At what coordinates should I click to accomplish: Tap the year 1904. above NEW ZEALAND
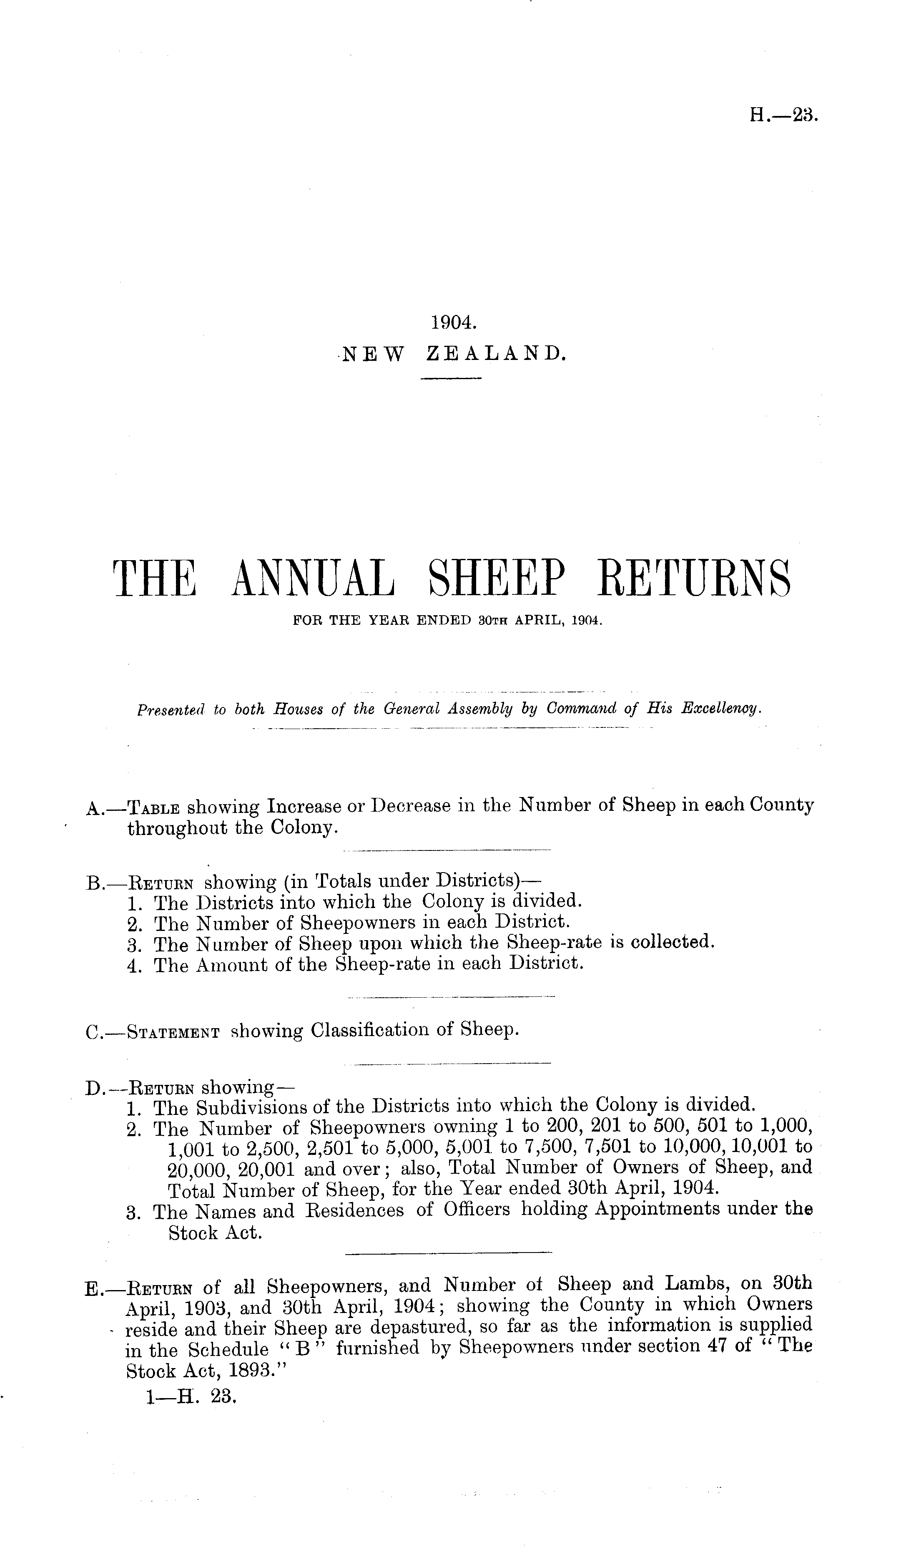pos(453,321)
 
